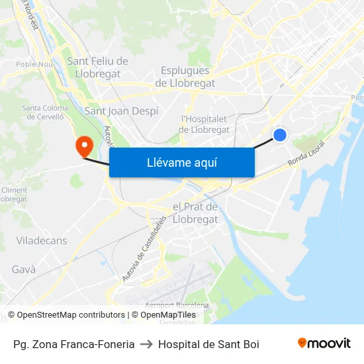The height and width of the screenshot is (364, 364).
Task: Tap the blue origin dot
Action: tap(280, 135)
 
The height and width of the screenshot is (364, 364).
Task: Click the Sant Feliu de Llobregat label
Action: tap(97, 67)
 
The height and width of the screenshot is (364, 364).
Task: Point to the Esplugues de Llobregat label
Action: tap(185, 77)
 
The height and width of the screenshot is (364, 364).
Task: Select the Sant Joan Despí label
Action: tap(121, 111)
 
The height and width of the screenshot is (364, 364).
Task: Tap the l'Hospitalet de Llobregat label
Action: tap(205, 124)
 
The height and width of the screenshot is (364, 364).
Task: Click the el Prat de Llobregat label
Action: tap(195, 213)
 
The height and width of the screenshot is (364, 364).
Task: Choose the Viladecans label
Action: tap(42, 241)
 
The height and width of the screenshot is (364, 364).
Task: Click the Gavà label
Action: tap(24, 269)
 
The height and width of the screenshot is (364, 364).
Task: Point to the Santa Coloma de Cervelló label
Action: tap(45, 113)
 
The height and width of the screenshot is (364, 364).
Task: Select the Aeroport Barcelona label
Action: tap(177, 306)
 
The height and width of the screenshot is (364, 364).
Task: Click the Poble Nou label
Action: tap(34, 64)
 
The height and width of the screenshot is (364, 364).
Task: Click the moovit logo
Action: tap(324, 343)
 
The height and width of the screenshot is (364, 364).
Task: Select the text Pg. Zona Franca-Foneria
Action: tap(74, 344)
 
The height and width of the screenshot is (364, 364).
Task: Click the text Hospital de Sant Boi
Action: tap(208, 344)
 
